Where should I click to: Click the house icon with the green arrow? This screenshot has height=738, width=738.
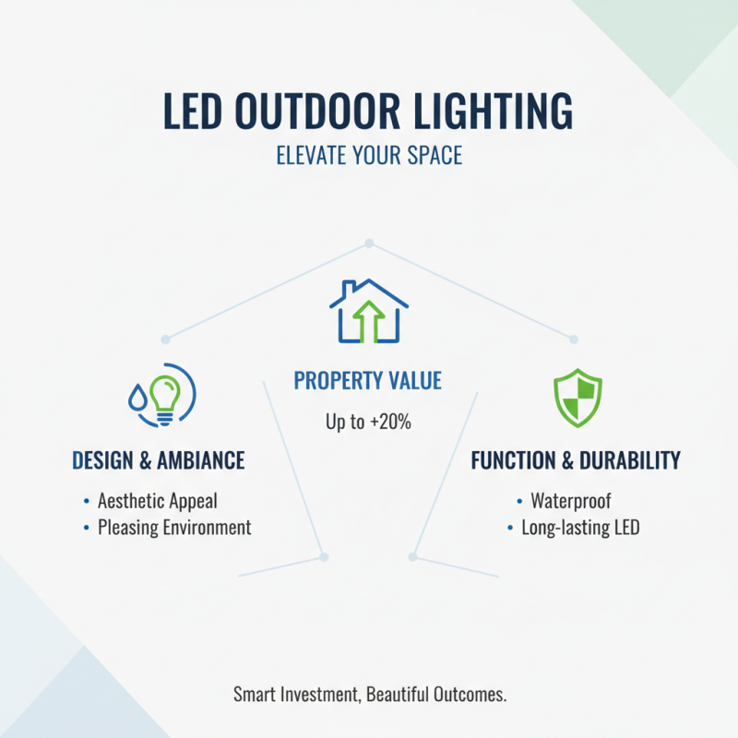[368, 311]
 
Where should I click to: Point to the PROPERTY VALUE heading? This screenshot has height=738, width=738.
[368, 380]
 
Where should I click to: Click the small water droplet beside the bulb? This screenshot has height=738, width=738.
[137, 397]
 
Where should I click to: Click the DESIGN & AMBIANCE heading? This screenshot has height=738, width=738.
[158, 460]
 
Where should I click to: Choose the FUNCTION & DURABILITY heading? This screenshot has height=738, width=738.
[576, 460]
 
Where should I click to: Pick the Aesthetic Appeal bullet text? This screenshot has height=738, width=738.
[157, 501]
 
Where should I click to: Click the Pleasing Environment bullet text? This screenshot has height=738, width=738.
[173, 528]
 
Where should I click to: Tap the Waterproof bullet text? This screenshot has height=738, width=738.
[570, 501]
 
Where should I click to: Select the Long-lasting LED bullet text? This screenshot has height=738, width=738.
[580, 528]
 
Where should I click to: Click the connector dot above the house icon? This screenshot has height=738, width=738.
[368, 244]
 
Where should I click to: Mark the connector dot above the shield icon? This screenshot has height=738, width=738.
[573, 339]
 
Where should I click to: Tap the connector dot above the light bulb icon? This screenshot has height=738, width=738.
[166, 339]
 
